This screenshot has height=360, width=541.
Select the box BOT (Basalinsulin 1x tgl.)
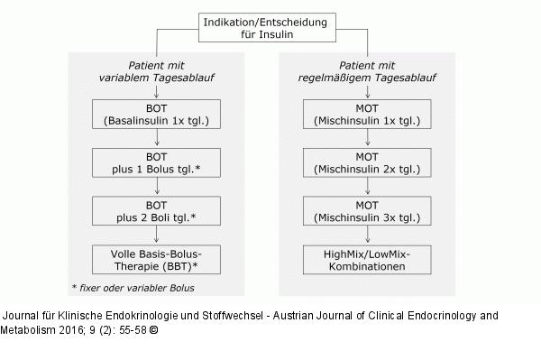[x=157, y=114]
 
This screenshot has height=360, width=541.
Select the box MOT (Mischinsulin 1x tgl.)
[x=368, y=114]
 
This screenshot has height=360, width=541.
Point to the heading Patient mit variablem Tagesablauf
[x=158, y=72]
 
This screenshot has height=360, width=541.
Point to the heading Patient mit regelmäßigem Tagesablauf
[x=369, y=72]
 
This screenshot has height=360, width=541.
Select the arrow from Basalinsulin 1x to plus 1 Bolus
[x=157, y=138]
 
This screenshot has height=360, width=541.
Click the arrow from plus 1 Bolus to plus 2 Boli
[x=157, y=188]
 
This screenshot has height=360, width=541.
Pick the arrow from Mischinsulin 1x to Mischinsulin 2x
[x=368, y=138]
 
